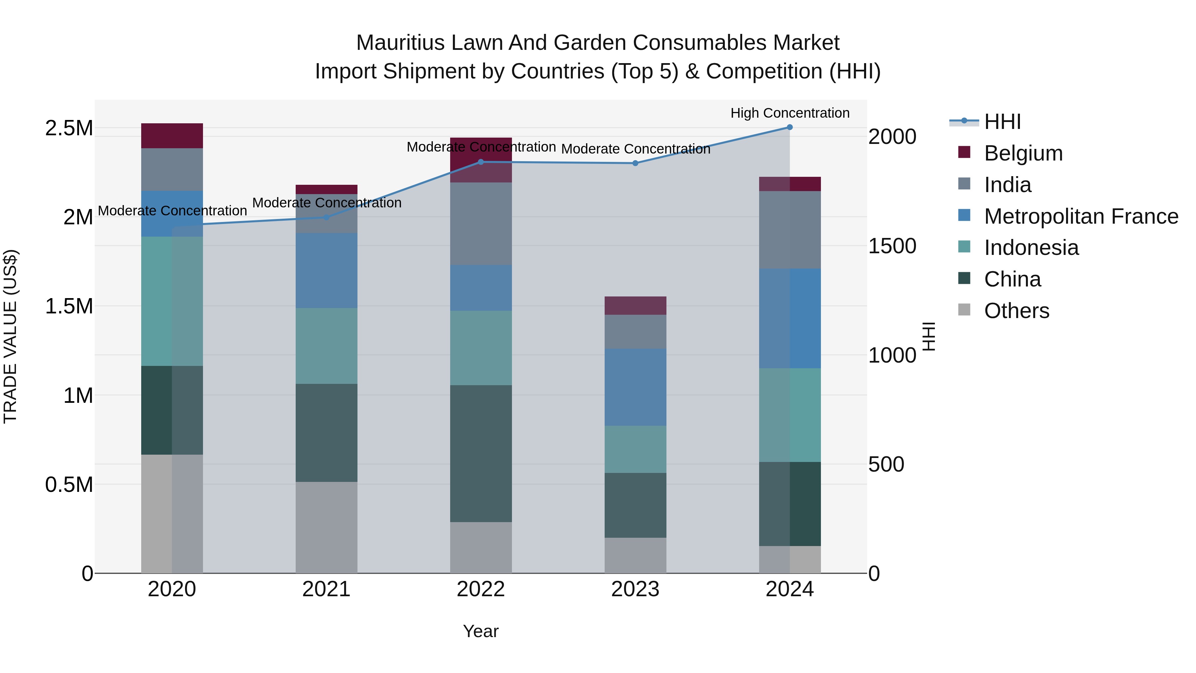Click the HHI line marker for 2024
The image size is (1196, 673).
(789, 127)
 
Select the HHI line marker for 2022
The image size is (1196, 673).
(481, 162)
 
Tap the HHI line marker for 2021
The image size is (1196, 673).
(326, 217)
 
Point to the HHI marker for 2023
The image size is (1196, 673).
(635, 164)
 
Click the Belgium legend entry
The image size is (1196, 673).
(1023, 153)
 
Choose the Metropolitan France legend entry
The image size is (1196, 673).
(1080, 216)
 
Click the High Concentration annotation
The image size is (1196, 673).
(790, 113)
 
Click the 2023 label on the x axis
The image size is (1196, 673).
(635, 589)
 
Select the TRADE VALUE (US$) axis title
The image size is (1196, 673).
(10, 336)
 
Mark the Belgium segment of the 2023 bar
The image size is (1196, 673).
(635, 306)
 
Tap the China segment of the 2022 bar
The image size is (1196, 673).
(481, 453)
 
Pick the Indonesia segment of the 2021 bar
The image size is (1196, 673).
(326, 346)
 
